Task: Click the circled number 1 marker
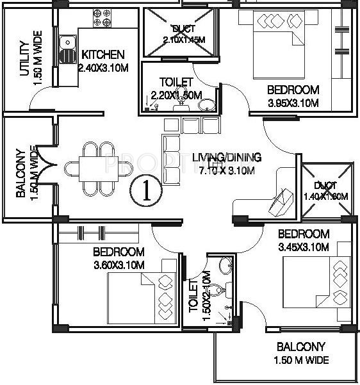pyautogui.click(x=146, y=191)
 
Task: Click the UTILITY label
pyautogui.click(x=24, y=58)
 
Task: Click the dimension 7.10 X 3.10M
pyautogui.click(x=227, y=170)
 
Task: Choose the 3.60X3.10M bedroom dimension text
pyautogui.click(x=119, y=263)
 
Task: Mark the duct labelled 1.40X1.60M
pyautogui.click(x=327, y=190)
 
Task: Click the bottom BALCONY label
pyautogui.click(x=301, y=348)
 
